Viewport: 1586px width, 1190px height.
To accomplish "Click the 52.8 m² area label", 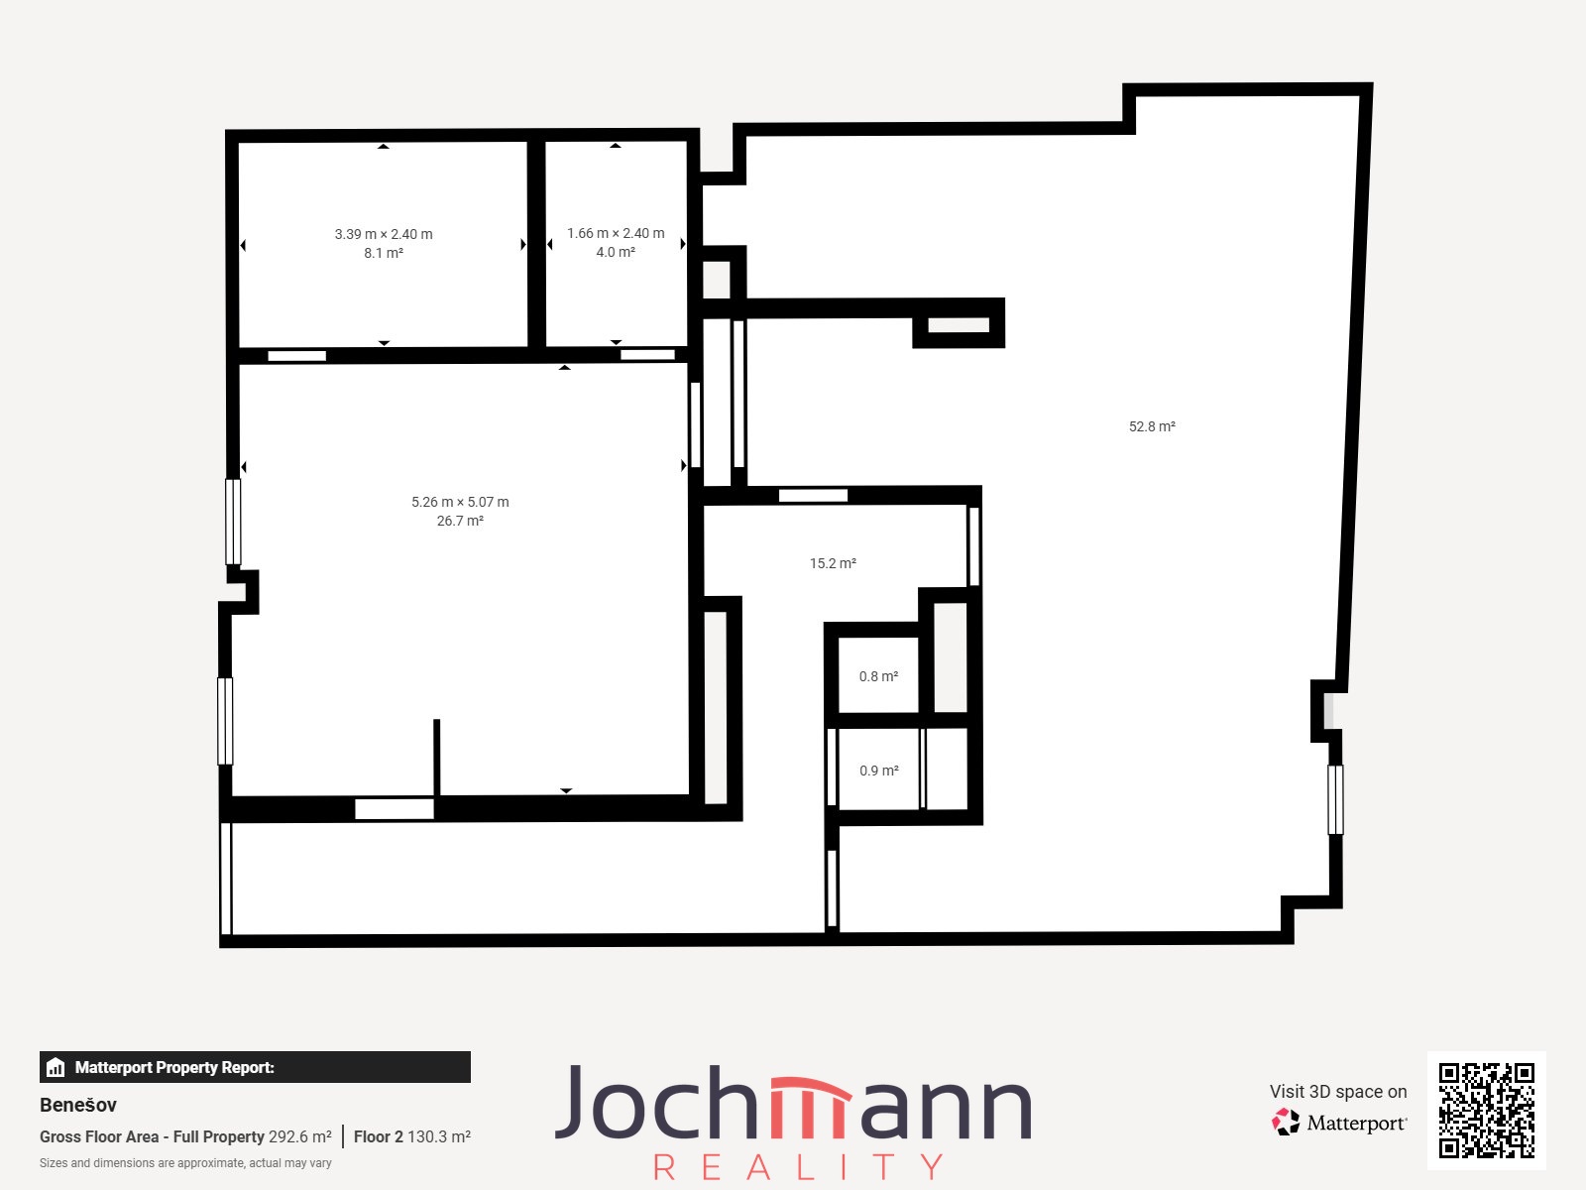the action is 1152,426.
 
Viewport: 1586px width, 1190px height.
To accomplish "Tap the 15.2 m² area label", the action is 833,563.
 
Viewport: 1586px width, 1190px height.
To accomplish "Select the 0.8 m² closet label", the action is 878,676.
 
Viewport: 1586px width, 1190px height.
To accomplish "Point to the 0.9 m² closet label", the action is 878,771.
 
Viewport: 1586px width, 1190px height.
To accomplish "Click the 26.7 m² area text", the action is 460,521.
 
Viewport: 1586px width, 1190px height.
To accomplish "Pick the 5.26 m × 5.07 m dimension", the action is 460,502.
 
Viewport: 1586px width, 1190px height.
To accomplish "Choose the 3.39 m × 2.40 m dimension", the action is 383,234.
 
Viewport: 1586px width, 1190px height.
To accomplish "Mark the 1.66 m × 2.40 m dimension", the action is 615,233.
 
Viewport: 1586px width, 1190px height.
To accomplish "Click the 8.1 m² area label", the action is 383,253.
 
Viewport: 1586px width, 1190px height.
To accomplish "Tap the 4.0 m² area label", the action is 615,252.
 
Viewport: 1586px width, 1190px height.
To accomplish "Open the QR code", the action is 1486,1110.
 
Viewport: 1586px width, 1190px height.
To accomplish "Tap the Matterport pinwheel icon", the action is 1286,1123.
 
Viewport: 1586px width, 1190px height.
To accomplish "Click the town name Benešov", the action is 78,1105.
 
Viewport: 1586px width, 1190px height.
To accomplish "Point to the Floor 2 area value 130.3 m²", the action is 438,1136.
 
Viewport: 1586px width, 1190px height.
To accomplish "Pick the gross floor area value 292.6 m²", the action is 300,1136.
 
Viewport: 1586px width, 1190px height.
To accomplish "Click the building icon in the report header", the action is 56,1067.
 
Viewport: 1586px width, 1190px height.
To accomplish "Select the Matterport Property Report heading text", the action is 174,1067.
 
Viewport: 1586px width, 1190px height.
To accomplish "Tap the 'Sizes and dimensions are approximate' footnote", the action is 185,1163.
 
